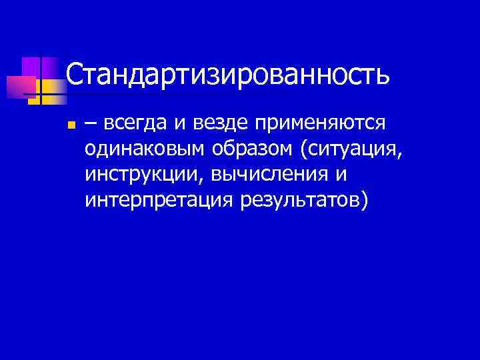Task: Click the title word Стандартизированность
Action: [x=227, y=75]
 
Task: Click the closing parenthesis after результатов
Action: [x=363, y=200]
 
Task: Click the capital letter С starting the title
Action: [x=74, y=75]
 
